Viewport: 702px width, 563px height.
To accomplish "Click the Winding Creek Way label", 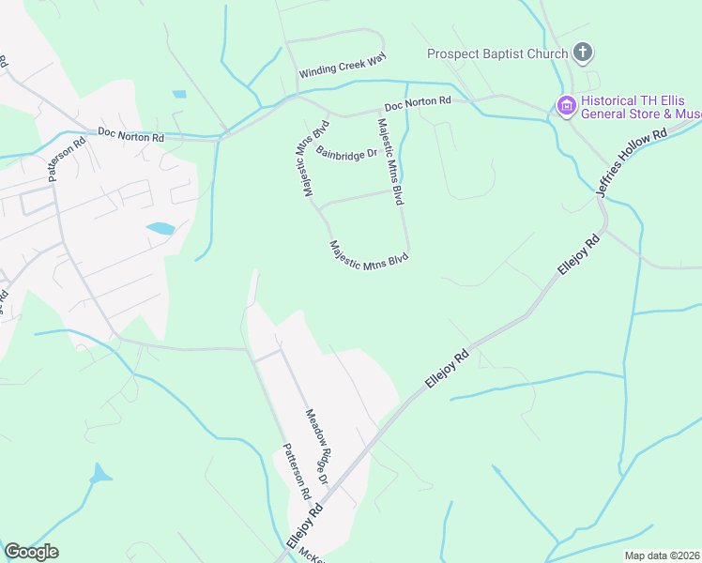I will tap(343, 67).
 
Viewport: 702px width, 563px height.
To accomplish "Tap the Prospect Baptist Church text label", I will tap(497, 53).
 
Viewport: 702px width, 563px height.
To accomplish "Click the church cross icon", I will tap(583, 53).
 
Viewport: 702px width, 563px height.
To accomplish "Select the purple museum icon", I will tap(566, 106).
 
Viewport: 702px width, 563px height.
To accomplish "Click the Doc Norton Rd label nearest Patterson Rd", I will tap(130, 136).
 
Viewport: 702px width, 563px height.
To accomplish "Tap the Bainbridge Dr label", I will tap(345, 152).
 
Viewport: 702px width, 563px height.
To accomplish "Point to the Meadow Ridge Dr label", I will tap(316, 446).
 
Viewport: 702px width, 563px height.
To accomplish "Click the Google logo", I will tap(31, 552).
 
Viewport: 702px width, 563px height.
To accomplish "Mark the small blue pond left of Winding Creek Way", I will tap(179, 94).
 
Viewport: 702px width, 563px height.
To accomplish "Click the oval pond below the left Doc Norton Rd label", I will tap(160, 228).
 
